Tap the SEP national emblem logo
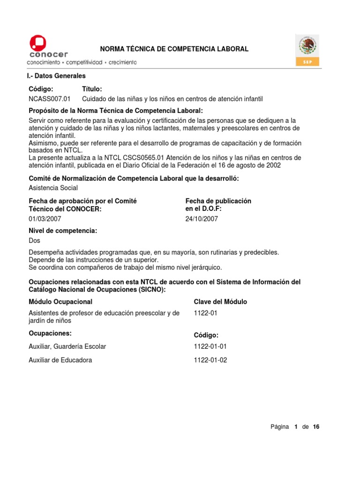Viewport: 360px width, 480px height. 307,50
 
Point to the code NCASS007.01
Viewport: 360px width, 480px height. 50,99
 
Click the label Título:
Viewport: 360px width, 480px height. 92,89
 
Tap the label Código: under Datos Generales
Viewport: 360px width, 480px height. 41,89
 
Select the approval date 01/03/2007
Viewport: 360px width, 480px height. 45,218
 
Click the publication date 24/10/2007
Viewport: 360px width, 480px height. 202,218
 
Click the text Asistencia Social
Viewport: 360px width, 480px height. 53,188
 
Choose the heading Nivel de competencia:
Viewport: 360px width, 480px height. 63,231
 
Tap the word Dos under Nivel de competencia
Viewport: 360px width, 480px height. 35,240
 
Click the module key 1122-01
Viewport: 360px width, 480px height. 204,313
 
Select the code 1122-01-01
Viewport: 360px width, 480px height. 210,346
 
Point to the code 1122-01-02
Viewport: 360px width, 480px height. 210,360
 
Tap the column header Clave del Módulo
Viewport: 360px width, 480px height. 220,302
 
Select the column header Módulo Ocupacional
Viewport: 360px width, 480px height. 60,302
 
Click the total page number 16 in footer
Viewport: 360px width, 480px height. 316,427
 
